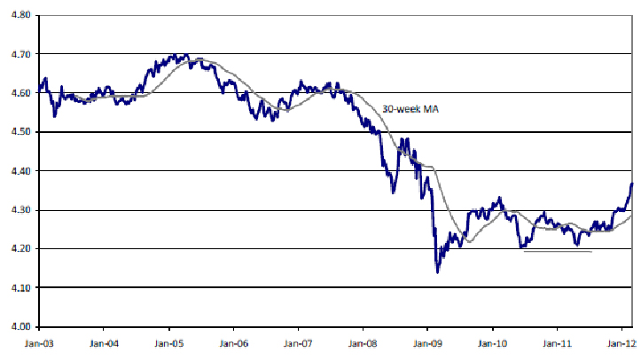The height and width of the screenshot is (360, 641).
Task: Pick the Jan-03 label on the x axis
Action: pyautogui.click(x=40, y=341)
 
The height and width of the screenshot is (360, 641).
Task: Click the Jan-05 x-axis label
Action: pyautogui.click(x=169, y=341)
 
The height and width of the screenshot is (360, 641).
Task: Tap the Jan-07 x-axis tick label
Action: pyautogui.click(x=299, y=341)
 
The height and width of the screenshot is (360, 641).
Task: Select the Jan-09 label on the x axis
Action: pyautogui.click(x=427, y=341)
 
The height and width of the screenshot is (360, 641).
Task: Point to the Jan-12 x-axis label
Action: pyautogui.click(x=620, y=341)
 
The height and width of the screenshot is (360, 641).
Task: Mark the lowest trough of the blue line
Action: pyautogui.click(x=437, y=270)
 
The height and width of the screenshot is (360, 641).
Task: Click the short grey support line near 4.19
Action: pyautogui.click(x=558, y=252)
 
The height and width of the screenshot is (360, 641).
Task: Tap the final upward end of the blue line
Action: pyautogui.click(x=631, y=184)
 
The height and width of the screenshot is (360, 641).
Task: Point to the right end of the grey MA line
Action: pyautogui.click(x=631, y=214)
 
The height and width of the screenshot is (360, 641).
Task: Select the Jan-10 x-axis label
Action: pyautogui.click(x=492, y=341)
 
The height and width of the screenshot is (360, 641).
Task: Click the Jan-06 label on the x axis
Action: pyautogui.click(x=234, y=341)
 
